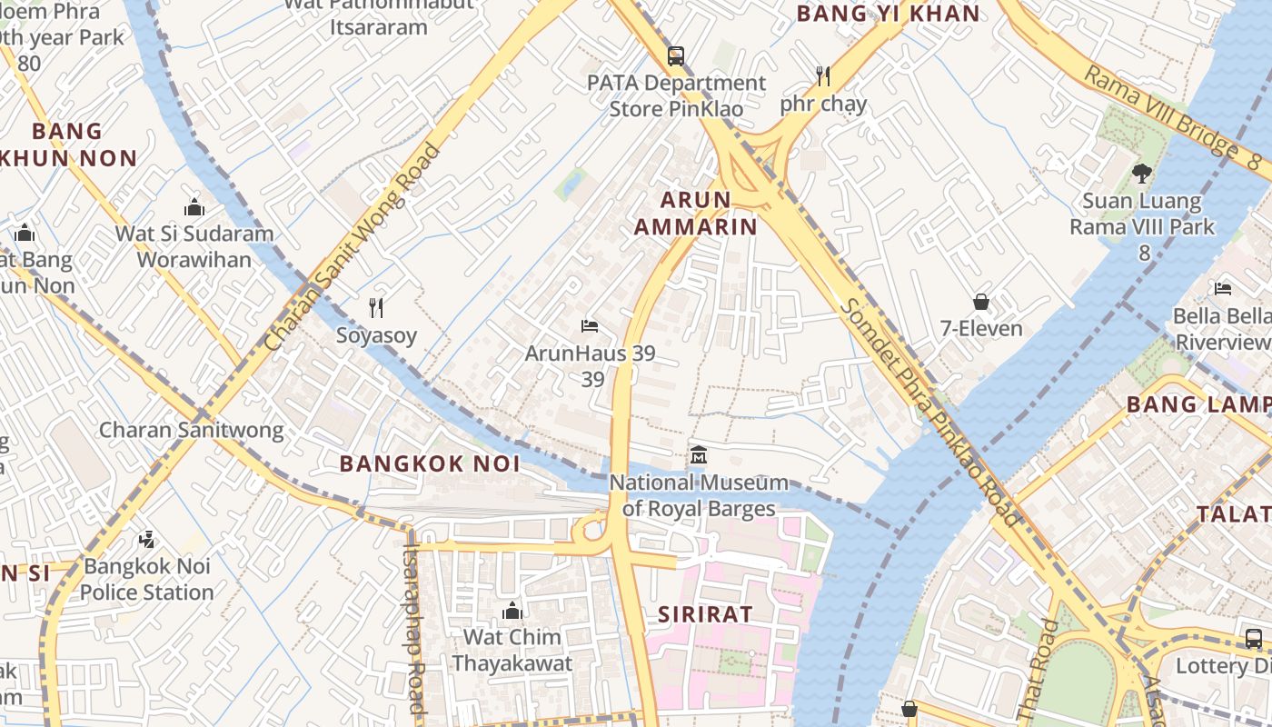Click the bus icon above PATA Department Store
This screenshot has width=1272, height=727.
coord(675,56)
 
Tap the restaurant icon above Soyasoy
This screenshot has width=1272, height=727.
coord(376,308)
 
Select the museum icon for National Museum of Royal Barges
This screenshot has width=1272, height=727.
coord(699,455)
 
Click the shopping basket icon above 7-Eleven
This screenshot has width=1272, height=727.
coord(981,302)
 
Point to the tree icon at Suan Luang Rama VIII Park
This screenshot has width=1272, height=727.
coord(1142,173)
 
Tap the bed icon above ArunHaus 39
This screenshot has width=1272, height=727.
coord(590,325)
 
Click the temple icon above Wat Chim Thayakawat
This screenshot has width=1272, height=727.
coord(512,610)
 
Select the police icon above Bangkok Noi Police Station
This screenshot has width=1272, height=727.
coord(146,540)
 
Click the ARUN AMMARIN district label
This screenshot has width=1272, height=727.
coord(696,214)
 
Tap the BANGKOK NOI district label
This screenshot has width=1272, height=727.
coord(430,463)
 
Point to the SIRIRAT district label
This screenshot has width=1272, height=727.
coord(705,614)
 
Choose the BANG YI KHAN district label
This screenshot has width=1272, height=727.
coord(889,14)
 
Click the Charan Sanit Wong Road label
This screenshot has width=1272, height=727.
coord(353,247)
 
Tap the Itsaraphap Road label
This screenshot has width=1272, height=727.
coord(414,627)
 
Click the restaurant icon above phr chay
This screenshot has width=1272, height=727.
coord(823,76)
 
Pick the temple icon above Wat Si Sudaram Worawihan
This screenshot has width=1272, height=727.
coord(194,207)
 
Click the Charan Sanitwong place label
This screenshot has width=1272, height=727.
coord(191,430)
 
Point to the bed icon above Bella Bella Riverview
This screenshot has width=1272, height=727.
coord(1223,289)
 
